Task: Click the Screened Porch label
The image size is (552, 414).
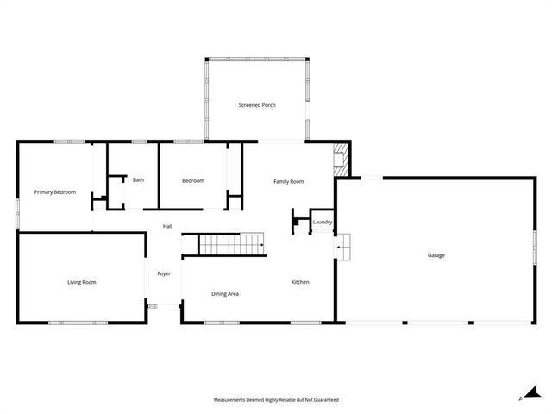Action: (x=256, y=105)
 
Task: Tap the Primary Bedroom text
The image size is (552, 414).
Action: (x=55, y=191)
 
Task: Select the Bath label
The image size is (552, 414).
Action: (x=138, y=180)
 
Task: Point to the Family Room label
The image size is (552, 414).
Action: (x=289, y=181)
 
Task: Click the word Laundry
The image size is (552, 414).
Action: (x=323, y=222)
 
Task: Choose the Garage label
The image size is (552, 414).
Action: (x=436, y=254)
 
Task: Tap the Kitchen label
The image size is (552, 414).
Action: (x=300, y=282)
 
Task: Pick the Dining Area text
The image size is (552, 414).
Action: (x=225, y=294)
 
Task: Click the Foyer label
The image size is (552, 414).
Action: (x=164, y=273)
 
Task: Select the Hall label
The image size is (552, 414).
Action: (x=167, y=227)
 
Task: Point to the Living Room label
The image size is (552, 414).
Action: (x=82, y=282)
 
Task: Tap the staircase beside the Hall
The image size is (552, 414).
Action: (x=231, y=245)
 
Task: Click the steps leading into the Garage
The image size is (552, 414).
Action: (x=343, y=248)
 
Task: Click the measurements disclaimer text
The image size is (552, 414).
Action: (x=276, y=400)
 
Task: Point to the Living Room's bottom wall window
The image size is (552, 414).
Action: (x=78, y=323)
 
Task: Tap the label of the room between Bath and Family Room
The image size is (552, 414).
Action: (x=192, y=180)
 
